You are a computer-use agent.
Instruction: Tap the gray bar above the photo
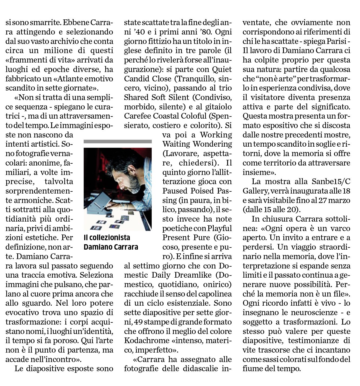click(118, 141)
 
